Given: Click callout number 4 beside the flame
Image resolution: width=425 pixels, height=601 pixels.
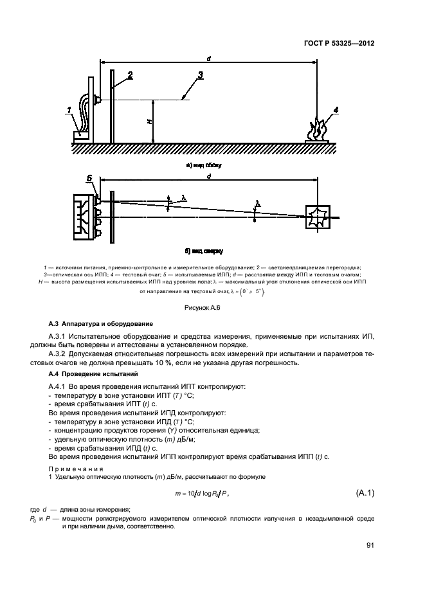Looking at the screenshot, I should pyautogui.click(x=336, y=110).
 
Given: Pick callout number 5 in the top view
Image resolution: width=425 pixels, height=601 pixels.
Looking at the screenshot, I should pyautogui.click(x=89, y=177).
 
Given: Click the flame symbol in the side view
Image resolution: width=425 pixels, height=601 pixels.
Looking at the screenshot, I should pyautogui.click(x=319, y=129).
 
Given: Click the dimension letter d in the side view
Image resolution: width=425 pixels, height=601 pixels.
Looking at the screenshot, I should pyautogui.click(x=209, y=58).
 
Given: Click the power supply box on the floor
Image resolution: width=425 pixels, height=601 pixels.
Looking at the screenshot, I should pyautogui.click(x=80, y=136).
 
